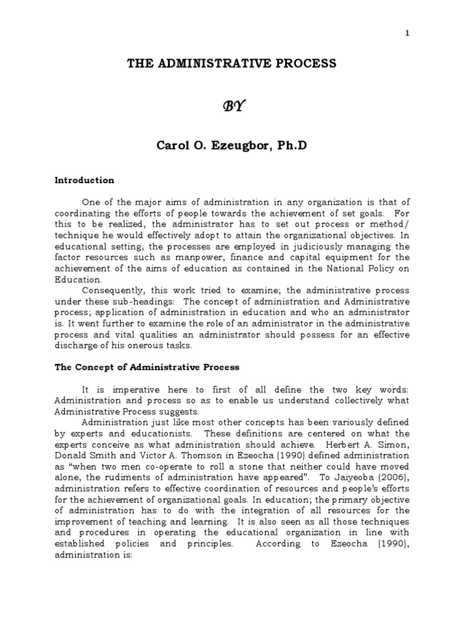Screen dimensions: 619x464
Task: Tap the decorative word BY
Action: pos(232,106)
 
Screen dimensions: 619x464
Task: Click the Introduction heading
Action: pos(84,180)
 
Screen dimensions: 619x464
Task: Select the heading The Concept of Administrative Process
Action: pos(147,367)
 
